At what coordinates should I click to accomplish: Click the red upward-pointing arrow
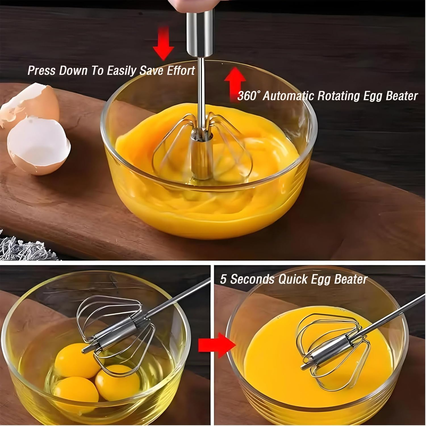coord(235,82)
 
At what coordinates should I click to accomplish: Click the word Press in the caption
coord(42,71)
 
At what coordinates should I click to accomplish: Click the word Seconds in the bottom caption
coord(252,279)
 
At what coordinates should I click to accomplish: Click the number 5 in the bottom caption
coord(224,279)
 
